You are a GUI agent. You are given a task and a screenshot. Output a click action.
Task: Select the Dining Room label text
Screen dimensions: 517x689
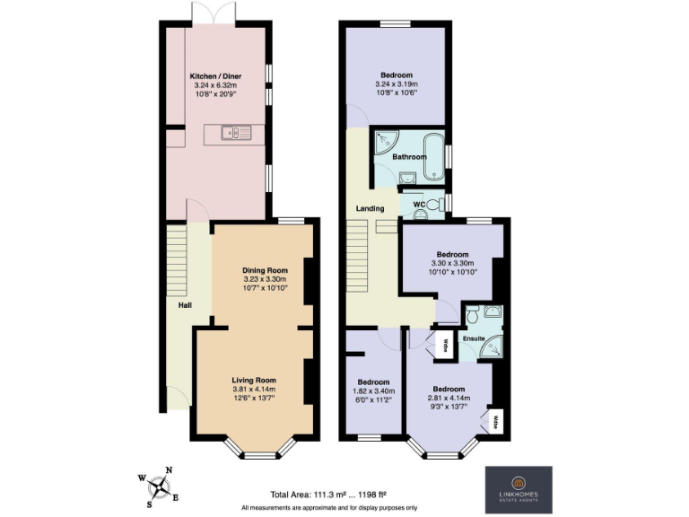pyautogui.click(x=265, y=270)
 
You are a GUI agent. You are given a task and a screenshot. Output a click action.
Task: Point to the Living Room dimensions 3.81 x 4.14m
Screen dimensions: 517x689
pyautogui.click(x=254, y=389)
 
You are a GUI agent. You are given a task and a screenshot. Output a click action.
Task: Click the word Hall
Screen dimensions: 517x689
pyautogui.click(x=185, y=306)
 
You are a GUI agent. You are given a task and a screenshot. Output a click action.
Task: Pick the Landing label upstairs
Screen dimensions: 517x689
pyautogui.click(x=370, y=208)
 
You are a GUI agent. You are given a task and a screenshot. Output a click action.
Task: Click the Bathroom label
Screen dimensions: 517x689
pyautogui.click(x=409, y=157)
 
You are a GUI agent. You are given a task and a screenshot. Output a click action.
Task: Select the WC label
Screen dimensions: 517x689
pyautogui.click(x=419, y=206)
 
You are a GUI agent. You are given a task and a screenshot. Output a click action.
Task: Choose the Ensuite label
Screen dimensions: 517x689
pyautogui.click(x=474, y=338)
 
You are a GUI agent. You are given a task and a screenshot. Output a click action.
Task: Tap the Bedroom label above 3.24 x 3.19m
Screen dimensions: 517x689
pyautogui.click(x=396, y=74)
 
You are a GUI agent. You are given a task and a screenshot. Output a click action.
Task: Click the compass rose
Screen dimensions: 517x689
pyautogui.click(x=160, y=487)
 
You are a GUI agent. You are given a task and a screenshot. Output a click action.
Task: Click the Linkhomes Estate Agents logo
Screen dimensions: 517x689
pyautogui.click(x=519, y=489)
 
